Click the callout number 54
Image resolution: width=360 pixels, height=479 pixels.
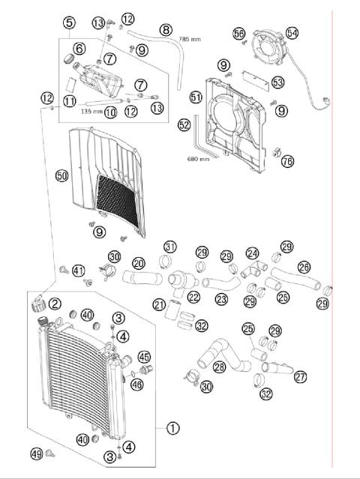pyautogui.click(x=292, y=33)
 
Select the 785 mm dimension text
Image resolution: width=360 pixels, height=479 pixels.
pyautogui.click(x=189, y=38)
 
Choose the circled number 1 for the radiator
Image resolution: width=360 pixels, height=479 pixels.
pyautogui.click(x=172, y=429)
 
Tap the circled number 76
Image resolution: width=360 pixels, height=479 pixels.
pyautogui.click(x=287, y=161)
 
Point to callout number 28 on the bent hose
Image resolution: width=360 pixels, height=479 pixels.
pyautogui.click(x=220, y=367)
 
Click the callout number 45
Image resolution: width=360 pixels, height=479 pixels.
pyautogui.click(x=144, y=357)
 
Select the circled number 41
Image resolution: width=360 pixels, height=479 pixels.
pyautogui.click(x=79, y=270)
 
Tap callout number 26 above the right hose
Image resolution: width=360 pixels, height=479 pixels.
pyautogui.click(x=304, y=267)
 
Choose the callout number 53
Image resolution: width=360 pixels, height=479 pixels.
pyautogui.click(x=277, y=82)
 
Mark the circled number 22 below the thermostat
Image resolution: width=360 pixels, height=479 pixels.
pyautogui.click(x=194, y=298)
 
